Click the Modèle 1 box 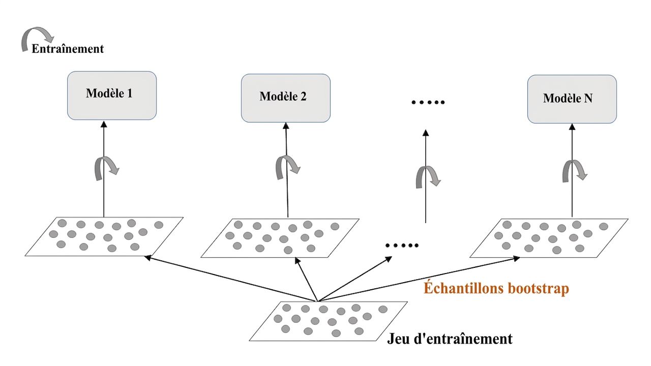[112, 96]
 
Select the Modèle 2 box [286, 98]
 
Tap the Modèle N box [572, 99]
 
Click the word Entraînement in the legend [68, 48]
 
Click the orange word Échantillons [463, 288]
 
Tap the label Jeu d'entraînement [450, 339]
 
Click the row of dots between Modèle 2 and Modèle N [428, 102]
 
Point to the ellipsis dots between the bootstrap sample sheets [402, 246]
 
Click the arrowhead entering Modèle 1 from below [104, 125]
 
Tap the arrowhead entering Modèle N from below [572, 127]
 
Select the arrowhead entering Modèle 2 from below [286, 126]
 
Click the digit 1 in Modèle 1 [130, 93]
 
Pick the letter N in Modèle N [588, 98]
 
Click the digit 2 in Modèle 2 [303, 97]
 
